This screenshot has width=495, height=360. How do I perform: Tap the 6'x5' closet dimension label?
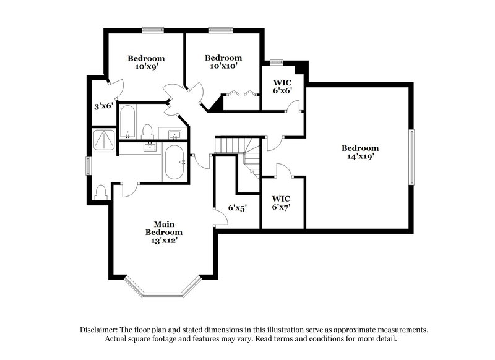[237, 208]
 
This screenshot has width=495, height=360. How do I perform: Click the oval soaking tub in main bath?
[174, 162]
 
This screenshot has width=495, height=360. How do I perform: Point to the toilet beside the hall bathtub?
[147, 131]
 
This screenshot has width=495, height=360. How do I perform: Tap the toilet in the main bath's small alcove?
[101, 192]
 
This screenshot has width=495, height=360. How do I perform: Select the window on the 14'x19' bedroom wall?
[411, 156]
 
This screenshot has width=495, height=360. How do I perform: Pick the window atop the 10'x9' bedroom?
[152, 29]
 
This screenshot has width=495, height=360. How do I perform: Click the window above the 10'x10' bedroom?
[219, 29]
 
